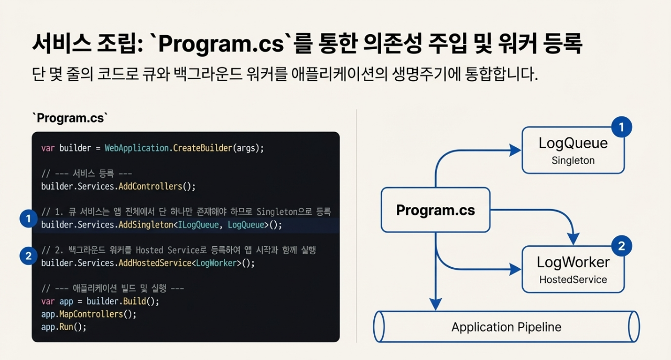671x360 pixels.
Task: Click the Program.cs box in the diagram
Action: (x=435, y=210)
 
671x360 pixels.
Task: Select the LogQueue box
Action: (x=573, y=150)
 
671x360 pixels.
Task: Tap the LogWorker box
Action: (x=573, y=269)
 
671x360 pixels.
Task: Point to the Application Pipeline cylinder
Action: (x=506, y=327)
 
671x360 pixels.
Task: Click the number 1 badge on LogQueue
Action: (x=621, y=127)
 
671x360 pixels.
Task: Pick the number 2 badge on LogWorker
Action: (x=621, y=246)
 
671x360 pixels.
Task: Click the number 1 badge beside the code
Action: (x=28, y=219)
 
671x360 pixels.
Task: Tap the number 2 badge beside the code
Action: (x=28, y=256)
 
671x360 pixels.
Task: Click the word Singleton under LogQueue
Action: (x=573, y=161)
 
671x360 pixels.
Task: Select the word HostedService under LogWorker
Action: (x=573, y=280)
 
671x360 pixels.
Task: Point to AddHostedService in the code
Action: (x=155, y=263)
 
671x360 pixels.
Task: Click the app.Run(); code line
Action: (x=63, y=327)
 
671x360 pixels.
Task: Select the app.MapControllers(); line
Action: (x=89, y=314)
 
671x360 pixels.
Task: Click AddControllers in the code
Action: (x=150, y=186)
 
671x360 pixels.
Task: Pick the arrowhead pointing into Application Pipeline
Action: (x=436, y=303)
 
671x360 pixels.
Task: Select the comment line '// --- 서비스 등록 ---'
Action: (x=86, y=173)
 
